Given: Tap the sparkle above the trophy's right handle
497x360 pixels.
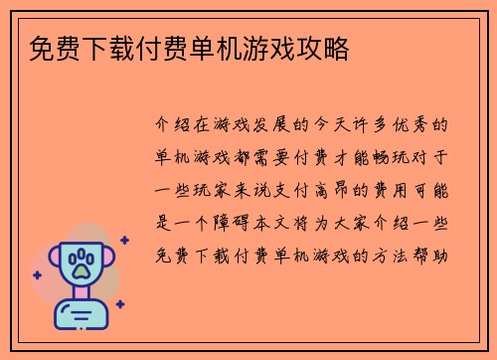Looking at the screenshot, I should tap(124, 240).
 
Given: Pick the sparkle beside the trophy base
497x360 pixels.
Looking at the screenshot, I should tap(120, 304).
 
